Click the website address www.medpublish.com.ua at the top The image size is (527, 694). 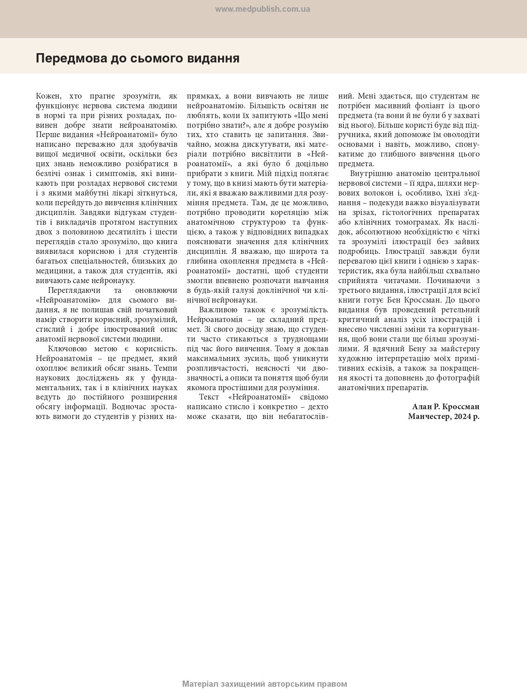[x=262, y=9]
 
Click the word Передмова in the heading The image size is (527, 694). [x=70, y=58]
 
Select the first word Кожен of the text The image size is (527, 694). [x=48, y=96]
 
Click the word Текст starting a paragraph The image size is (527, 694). [x=209, y=397]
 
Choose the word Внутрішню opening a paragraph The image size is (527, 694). [x=370, y=174]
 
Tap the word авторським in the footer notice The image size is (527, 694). [x=291, y=684]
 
